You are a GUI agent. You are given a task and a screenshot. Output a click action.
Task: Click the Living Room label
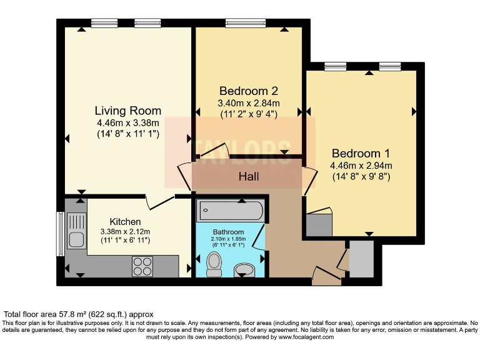pyautogui.click(x=127, y=111)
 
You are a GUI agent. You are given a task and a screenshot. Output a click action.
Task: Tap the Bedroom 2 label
pyautogui.click(x=248, y=91)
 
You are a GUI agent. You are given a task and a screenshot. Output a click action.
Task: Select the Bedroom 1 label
pyautogui.click(x=361, y=154)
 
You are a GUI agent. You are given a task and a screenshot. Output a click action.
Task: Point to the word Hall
pyautogui.click(x=249, y=177)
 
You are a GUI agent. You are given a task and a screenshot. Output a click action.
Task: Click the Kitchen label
pyautogui.click(x=125, y=222)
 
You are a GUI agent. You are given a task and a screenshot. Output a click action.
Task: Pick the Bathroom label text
pyautogui.click(x=228, y=231)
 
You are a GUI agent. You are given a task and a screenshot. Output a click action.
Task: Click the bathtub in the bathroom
pyautogui.click(x=231, y=211)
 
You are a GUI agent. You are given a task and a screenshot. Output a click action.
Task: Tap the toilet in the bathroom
pyautogui.click(x=214, y=265)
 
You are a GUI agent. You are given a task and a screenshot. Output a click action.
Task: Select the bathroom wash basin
pyautogui.click(x=244, y=270)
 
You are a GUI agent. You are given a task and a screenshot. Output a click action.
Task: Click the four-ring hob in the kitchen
pyautogui.click(x=142, y=266)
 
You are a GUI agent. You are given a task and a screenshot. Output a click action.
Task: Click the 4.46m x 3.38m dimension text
pyautogui.click(x=127, y=122)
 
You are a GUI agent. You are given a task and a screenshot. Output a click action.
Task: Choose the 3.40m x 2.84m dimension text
pyautogui.click(x=248, y=103)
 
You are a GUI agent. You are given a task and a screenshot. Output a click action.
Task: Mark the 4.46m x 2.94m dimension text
pyautogui.click(x=361, y=166)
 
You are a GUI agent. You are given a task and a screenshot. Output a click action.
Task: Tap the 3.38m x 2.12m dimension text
pyautogui.click(x=125, y=231)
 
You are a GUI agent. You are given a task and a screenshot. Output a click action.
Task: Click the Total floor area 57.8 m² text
pyautogui.click(x=79, y=314)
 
